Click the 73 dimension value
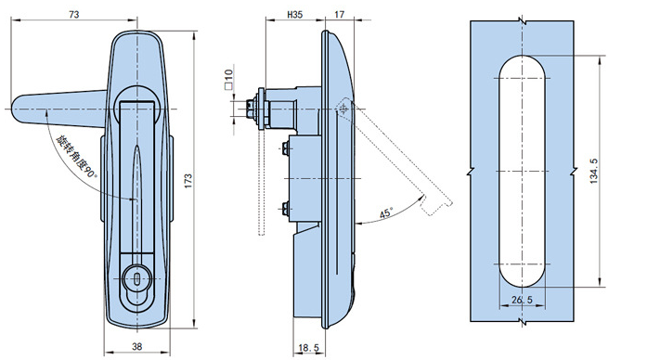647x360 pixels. pos(74,15)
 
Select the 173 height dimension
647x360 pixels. pos(188,181)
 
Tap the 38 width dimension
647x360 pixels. pos(137,347)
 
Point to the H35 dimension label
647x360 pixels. pos(294,15)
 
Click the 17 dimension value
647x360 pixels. pos(339,15)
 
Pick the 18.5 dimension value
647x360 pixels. pos(308,348)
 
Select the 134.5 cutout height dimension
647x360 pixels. pos(593,171)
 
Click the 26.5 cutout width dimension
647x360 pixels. pos(522,300)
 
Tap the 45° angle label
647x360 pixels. pos(386,213)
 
